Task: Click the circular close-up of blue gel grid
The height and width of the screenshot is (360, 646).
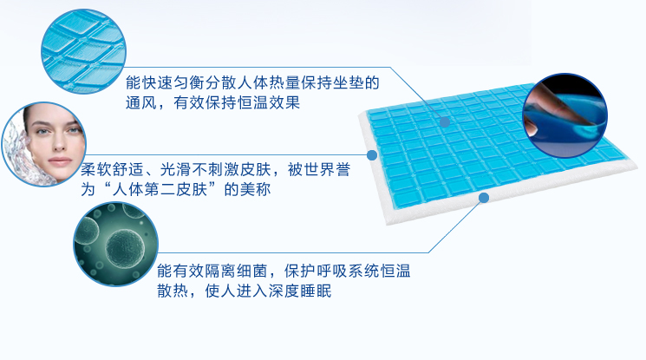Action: click(x=83, y=51)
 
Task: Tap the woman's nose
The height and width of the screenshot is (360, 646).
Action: click(x=58, y=143)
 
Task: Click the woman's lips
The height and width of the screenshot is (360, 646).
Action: click(x=60, y=160)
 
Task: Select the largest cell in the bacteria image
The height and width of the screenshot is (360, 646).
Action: click(x=125, y=248)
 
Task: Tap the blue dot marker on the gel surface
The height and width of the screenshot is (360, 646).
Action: click(x=445, y=122)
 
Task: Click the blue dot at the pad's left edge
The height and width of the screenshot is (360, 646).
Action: click(x=372, y=155)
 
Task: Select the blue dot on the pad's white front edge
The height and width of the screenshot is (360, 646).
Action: click(x=484, y=198)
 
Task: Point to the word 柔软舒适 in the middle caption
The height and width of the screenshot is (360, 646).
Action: click(x=112, y=169)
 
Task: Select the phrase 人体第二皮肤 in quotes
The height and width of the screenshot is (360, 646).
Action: click(x=160, y=189)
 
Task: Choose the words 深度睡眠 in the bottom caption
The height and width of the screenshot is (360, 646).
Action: click(x=300, y=291)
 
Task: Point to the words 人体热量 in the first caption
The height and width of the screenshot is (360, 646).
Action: click(x=269, y=82)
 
